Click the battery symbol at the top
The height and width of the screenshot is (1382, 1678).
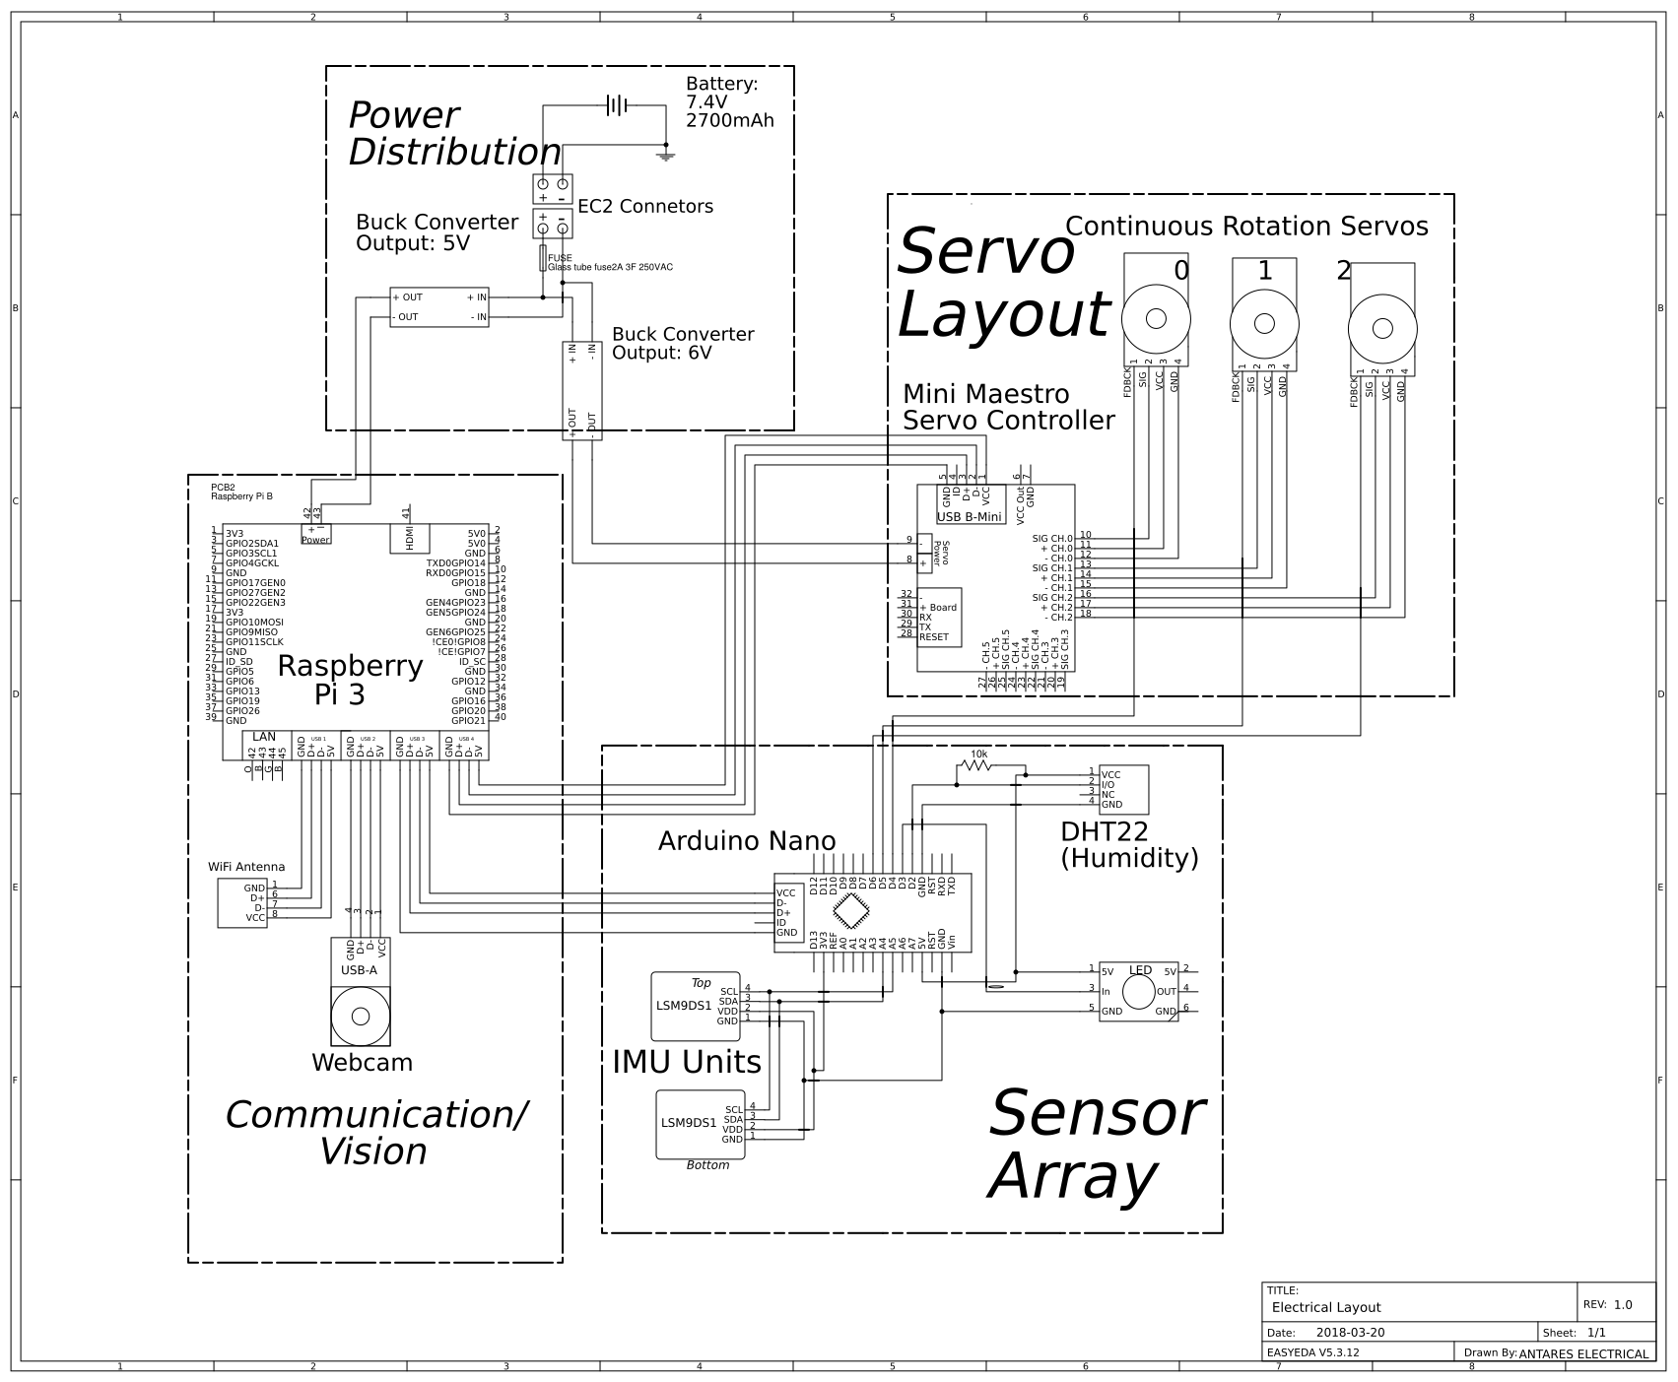tap(617, 104)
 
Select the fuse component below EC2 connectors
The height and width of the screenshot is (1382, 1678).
tap(542, 258)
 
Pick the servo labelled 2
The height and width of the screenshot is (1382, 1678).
tap(1382, 328)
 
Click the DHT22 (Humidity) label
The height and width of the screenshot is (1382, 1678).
tap(1129, 844)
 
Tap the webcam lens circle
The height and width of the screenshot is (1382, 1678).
tap(359, 1016)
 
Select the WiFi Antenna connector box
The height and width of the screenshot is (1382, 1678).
tap(242, 902)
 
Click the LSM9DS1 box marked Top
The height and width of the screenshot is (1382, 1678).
tap(696, 1006)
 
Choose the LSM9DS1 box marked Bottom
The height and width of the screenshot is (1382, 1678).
tap(701, 1124)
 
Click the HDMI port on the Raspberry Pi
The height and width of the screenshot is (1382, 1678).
tap(410, 538)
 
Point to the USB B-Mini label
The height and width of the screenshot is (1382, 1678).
tap(969, 517)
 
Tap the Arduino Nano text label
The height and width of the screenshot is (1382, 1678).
tap(746, 840)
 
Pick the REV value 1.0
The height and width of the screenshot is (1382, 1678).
tap(1622, 1304)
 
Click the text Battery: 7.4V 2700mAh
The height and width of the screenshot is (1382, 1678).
tap(729, 102)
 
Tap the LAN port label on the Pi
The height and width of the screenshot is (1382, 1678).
tap(264, 737)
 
